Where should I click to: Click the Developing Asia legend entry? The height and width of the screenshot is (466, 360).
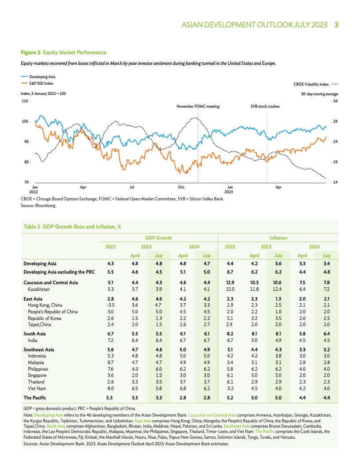pos(42,77)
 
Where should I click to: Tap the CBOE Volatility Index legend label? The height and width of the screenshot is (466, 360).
pos(311,83)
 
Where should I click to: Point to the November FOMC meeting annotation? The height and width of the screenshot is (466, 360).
pos(198,106)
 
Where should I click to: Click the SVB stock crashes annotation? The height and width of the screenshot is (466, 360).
pos(265,106)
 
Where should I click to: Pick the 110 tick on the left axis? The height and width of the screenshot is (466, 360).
pos(25,101)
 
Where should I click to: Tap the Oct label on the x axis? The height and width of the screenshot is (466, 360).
pos(180,187)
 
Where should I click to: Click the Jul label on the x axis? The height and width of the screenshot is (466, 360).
pos(131,187)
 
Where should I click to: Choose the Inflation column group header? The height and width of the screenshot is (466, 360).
pos(278,238)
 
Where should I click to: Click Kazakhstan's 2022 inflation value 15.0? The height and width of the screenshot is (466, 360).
pos(229,289)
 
